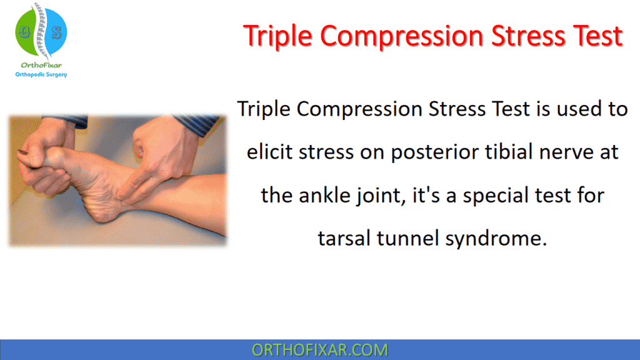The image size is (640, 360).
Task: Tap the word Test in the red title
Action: click(592, 36)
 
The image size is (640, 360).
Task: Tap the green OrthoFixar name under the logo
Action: click(41, 64)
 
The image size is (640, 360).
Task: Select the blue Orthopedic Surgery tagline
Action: click(41, 74)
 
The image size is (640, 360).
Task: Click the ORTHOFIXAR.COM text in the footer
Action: click(319, 350)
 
